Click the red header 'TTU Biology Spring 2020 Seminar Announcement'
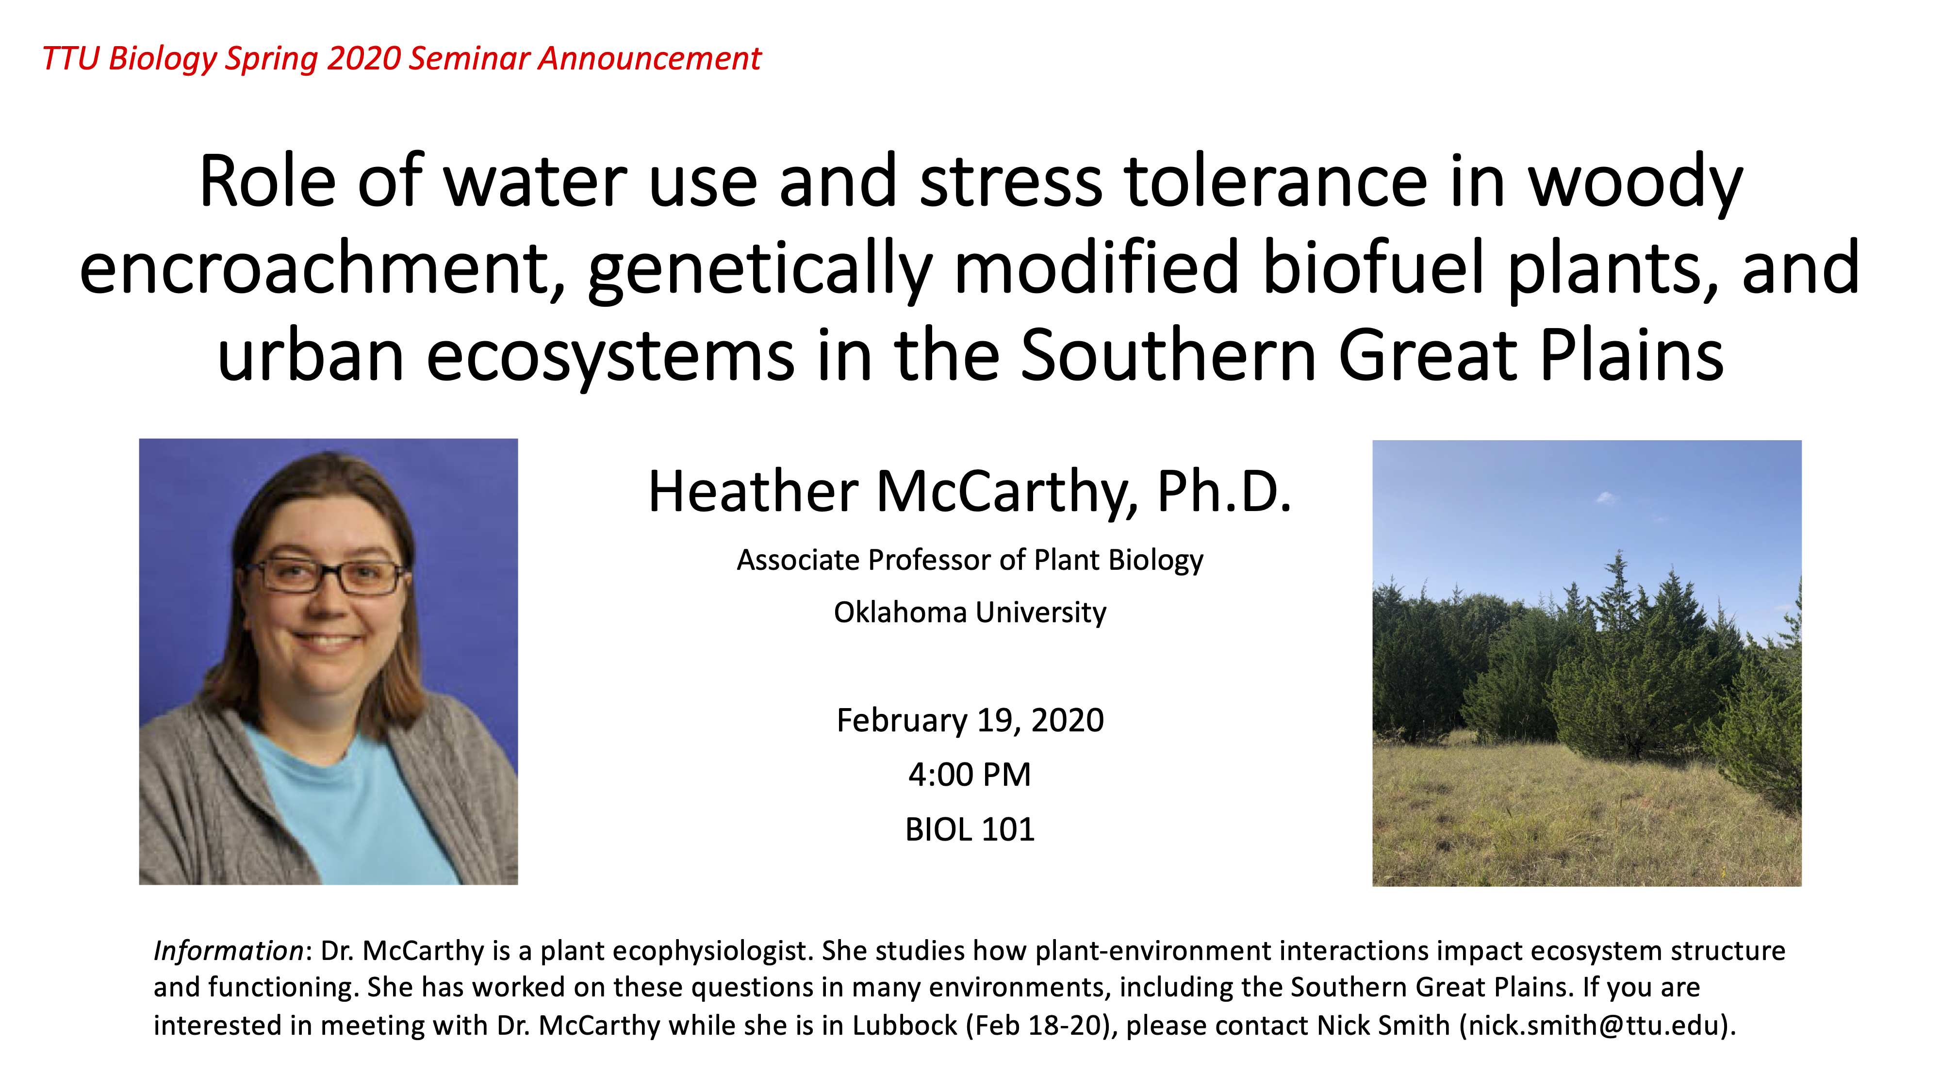(402, 59)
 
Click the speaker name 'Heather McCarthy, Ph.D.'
(970, 491)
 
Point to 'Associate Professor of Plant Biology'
(970, 561)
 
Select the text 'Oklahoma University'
(970, 612)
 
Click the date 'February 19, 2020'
(970, 720)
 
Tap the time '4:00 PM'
(970, 775)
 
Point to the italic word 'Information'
(228, 951)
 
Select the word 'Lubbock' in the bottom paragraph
(905, 1026)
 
